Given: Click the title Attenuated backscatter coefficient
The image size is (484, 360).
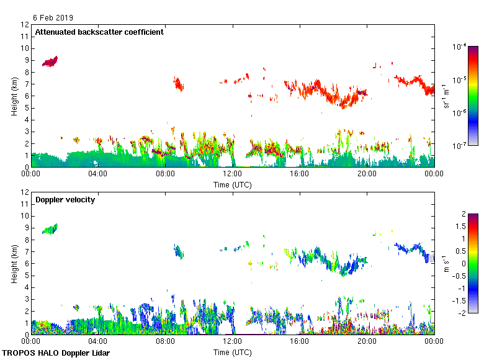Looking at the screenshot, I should click(99, 32).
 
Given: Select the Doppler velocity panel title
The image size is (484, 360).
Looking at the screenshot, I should click(65, 200).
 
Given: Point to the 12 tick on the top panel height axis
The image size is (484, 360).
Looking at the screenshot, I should click(25, 25).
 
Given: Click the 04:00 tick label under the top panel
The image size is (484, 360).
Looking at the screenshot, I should click(98, 174).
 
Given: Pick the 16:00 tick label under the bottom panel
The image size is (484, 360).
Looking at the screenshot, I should click(300, 341).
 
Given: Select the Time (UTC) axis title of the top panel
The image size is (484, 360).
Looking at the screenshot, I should click(233, 184).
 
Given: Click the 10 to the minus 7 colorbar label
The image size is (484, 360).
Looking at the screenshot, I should click(460, 145).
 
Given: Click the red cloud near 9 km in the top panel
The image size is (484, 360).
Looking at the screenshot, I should click(50, 61).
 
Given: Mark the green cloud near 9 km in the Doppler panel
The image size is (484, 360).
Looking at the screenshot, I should click(50, 229).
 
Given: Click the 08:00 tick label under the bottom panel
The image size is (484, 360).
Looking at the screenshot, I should click(165, 341).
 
